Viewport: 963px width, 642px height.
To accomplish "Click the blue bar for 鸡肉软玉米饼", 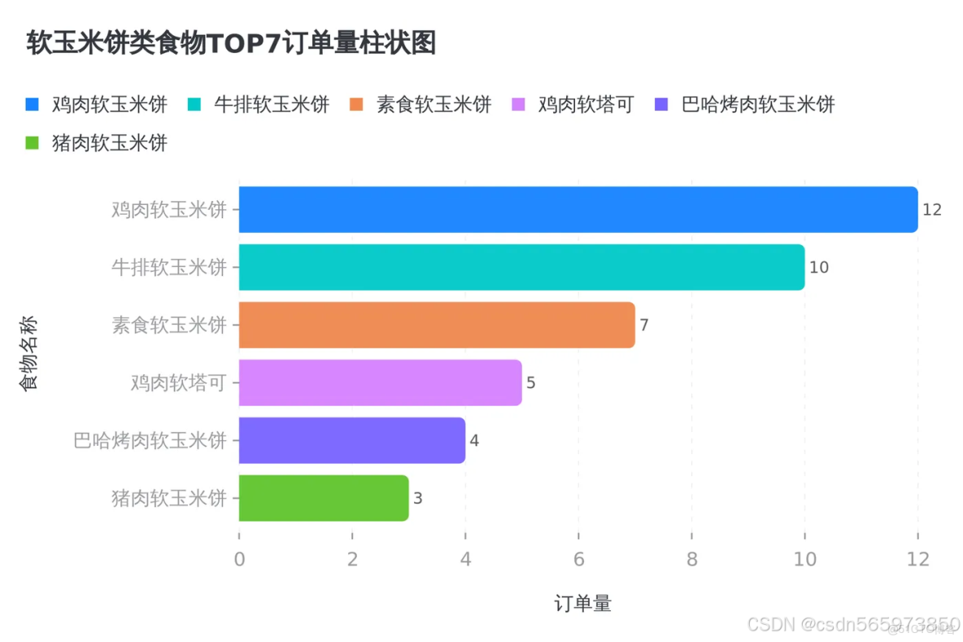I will click(x=577, y=210).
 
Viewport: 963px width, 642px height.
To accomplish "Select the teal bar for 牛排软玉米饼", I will click(x=521, y=267).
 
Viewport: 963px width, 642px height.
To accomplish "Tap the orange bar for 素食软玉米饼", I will click(x=436, y=325).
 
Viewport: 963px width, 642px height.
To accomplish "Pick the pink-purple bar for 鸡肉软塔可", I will click(x=380, y=382).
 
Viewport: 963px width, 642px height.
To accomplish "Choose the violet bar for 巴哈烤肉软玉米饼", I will click(x=351, y=440).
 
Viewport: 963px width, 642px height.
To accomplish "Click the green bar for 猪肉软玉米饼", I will click(x=323, y=498).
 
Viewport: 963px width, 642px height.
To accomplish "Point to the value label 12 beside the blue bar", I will click(x=932, y=210).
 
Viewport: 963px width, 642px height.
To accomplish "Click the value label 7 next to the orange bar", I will click(x=644, y=325).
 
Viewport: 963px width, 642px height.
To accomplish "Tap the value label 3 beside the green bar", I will click(x=418, y=498).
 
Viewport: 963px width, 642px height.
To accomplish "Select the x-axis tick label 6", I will click(x=578, y=560).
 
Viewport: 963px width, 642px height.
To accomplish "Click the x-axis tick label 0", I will click(x=239, y=560).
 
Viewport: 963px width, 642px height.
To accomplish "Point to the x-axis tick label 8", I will click(x=691, y=560).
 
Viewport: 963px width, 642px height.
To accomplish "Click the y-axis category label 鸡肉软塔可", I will click(x=177, y=382).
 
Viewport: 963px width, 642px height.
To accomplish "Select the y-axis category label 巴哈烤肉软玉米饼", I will click(x=150, y=440).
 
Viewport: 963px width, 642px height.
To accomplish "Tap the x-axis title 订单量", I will click(x=582, y=604).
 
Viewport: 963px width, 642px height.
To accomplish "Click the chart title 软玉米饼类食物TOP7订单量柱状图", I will click(x=231, y=43).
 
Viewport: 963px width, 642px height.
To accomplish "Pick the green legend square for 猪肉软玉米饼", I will click(x=33, y=143).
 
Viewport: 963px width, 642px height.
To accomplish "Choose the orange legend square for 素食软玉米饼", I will click(x=357, y=104).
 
